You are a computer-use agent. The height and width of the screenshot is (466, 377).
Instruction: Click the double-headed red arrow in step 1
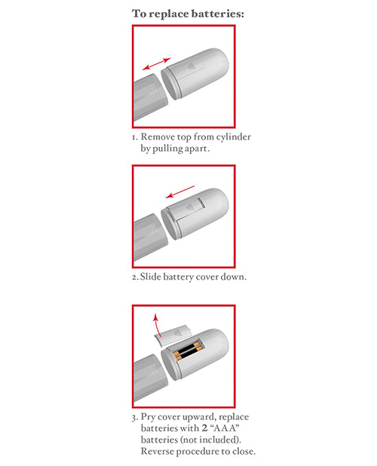157,66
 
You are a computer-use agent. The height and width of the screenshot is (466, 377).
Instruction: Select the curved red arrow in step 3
156,327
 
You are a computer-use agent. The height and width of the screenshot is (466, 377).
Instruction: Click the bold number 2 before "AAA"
202,428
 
